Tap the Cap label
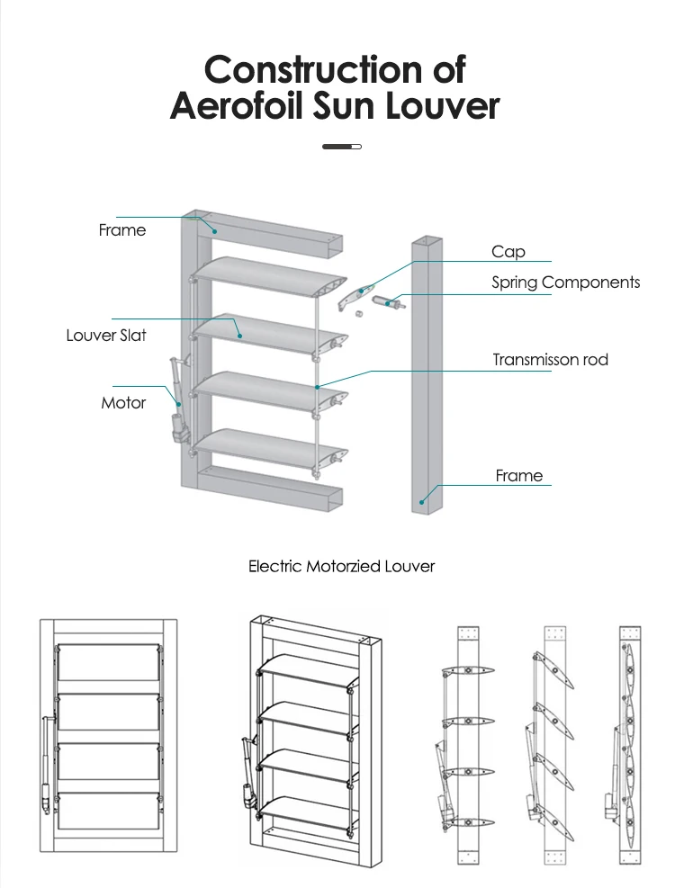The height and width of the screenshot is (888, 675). coord(508,252)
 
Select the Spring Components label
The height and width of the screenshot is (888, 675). coord(565,283)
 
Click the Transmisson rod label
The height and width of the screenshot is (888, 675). coord(550,360)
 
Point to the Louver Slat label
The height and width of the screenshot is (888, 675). coord(106,336)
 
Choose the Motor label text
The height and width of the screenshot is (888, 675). coord(123,403)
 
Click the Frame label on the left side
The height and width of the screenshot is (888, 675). coord(121,230)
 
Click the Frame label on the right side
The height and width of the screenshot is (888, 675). coord(519,476)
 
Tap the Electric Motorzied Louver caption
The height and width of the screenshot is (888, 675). coord(341,567)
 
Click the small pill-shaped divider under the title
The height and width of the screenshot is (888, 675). coord(341,146)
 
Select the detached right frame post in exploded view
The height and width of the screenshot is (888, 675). coord(428,378)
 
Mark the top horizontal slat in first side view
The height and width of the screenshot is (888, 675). coord(467,669)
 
